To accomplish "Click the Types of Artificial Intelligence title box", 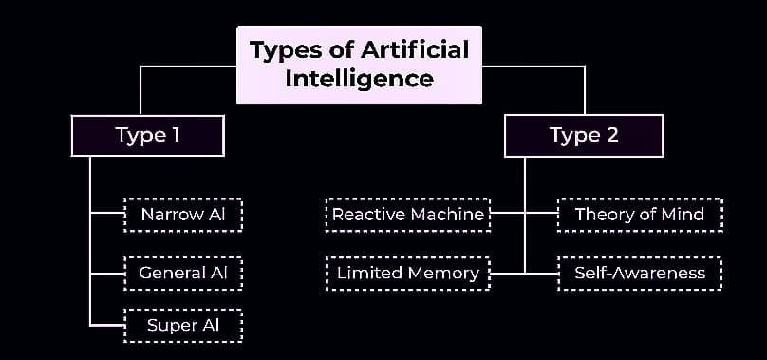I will click(x=359, y=64).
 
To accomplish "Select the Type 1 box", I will click(x=147, y=135).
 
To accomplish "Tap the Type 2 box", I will click(x=584, y=135).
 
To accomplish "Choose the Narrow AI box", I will click(x=183, y=215).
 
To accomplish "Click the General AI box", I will click(x=183, y=274).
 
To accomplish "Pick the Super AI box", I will click(x=183, y=326).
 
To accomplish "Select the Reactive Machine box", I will click(x=409, y=215).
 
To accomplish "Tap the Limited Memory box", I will click(x=408, y=274).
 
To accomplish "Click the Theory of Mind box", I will click(x=639, y=215).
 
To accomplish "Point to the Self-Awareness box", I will click(x=639, y=274).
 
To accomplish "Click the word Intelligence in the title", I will click(x=359, y=78).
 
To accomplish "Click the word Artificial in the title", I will click(x=418, y=49).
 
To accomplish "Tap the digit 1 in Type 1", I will click(x=175, y=135).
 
